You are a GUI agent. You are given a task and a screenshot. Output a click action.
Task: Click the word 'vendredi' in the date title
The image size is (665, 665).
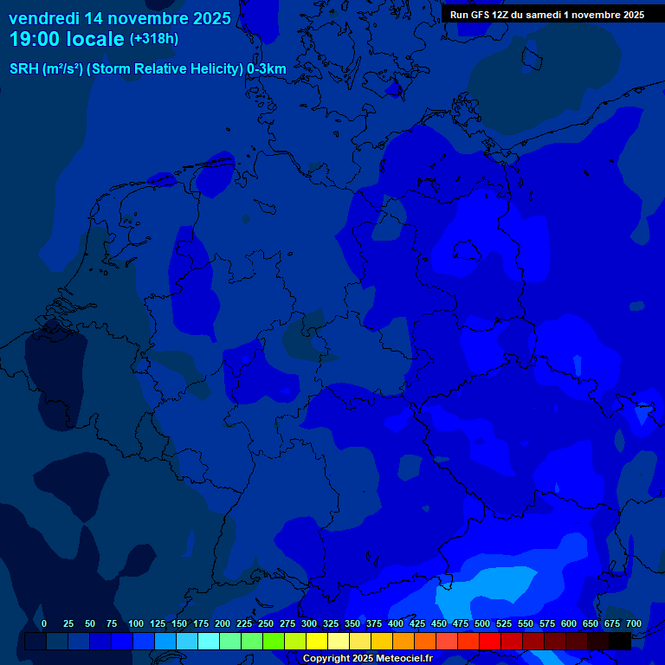tap(43, 18)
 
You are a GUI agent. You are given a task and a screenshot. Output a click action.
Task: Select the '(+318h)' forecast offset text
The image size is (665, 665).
tap(153, 39)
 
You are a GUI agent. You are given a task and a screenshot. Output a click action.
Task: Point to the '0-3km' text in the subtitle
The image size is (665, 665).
tap(267, 69)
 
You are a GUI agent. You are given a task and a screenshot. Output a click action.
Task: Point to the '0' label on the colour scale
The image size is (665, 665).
tap(43, 624)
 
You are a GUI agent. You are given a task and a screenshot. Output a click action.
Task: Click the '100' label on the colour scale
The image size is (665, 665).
tap(136, 624)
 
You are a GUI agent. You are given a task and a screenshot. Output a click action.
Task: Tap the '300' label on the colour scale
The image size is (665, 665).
tap(309, 624)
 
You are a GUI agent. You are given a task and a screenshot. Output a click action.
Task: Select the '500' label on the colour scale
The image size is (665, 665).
tap(482, 624)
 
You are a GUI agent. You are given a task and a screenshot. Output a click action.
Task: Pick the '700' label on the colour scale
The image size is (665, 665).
tap(634, 624)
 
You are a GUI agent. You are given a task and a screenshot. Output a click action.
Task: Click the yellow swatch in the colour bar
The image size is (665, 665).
tap(317, 641)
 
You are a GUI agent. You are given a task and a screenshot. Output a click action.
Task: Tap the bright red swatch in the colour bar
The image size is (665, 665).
tap(490, 641)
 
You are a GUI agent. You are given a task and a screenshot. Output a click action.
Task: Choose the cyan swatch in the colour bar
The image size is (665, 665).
tap(209, 641)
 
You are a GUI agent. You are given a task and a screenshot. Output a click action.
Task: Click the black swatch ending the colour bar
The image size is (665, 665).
tap(620, 641)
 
